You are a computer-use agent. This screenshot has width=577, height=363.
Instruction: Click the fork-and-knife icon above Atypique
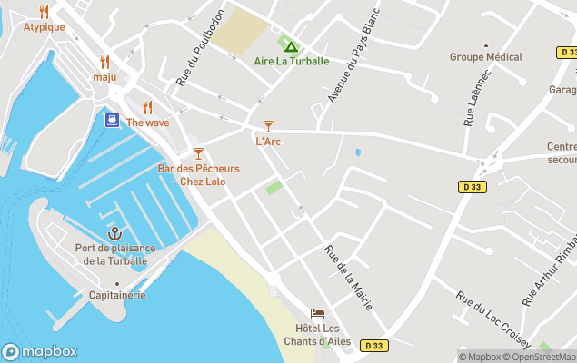point(44,12)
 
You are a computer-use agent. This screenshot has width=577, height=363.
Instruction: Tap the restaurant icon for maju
point(104,62)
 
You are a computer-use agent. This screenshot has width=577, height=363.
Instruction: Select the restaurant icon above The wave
point(147,107)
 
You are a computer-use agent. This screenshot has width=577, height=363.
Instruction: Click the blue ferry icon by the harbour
point(112,120)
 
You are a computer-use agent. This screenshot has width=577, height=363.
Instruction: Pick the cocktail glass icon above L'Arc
point(267,126)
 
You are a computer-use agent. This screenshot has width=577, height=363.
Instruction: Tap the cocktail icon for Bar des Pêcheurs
point(198,153)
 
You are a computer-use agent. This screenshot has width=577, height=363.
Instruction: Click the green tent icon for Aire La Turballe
point(291,46)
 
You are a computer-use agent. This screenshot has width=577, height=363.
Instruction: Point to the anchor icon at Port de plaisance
point(114,233)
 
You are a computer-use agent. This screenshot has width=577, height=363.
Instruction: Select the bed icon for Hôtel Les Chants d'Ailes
point(317,313)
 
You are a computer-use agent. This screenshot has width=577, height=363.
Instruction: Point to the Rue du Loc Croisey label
point(479,319)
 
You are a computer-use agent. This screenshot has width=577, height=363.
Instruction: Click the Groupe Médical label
point(486,57)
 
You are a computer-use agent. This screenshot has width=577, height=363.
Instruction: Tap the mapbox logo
point(39,351)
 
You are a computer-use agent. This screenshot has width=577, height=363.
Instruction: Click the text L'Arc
point(267,142)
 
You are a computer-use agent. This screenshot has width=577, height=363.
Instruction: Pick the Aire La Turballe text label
point(291,62)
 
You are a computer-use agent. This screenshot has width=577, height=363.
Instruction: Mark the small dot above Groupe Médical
point(486,44)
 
